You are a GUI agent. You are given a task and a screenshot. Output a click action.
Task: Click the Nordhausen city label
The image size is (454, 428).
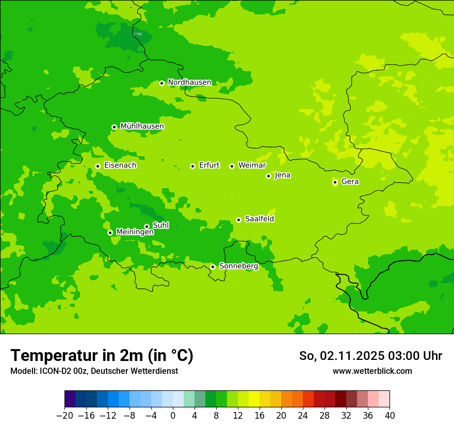(x=189, y=83)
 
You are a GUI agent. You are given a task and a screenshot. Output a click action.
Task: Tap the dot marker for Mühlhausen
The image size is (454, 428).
(x=114, y=127)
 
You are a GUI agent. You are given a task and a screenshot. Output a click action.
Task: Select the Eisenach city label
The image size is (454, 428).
(x=120, y=166)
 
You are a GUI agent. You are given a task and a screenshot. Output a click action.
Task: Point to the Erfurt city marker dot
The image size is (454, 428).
(x=192, y=166)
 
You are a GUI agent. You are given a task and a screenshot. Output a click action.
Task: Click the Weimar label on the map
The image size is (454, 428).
(x=252, y=166)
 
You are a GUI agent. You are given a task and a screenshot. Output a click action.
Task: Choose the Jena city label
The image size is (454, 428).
(x=283, y=175)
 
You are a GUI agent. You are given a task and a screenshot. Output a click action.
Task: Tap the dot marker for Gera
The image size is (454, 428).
(x=335, y=182)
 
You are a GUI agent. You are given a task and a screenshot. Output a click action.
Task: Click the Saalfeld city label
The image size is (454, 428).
(x=260, y=219)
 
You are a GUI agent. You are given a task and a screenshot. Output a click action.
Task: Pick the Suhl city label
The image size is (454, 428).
(x=161, y=225)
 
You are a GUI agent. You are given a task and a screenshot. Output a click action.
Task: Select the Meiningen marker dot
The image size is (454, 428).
(x=110, y=233)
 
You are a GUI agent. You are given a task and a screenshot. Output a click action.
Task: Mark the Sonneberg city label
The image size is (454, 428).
(x=238, y=266)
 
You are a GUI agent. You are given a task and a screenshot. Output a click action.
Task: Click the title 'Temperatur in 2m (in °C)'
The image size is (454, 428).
(x=102, y=356)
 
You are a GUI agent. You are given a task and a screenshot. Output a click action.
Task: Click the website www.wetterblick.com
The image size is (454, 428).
(x=372, y=371)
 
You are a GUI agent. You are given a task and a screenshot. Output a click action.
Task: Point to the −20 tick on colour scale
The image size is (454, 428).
(x=65, y=416)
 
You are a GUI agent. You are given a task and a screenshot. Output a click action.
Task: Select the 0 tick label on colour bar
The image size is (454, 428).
(x=173, y=416)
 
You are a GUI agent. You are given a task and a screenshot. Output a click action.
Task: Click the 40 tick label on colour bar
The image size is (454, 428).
(x=390, y=416)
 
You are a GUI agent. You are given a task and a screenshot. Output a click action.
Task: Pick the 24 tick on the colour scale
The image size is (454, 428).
(x=303, y=416)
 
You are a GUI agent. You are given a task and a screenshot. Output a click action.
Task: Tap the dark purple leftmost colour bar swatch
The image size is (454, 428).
(x=70, y=399)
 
